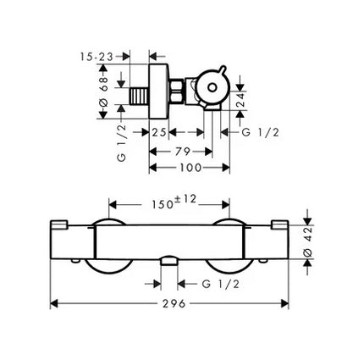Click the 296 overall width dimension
[174, 304]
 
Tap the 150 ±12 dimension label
[174, 202]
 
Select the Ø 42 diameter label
[308, 241]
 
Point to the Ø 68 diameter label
[103, 91]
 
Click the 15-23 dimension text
[97, 57]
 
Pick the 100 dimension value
[190, 168]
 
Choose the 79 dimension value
[183, 152]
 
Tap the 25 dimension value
[159, 132]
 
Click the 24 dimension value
[240, 99]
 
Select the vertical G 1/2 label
[121, 143]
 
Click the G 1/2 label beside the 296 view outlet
[221, 284]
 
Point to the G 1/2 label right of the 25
[260, 132]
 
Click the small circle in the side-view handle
[212, 88]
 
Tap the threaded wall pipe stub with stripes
[139, 96]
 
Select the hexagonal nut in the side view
[176, 91]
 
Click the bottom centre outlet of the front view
[169, 262]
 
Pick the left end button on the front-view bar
[59, 224]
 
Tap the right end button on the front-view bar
[279, 224]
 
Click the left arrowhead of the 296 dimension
[54, 304]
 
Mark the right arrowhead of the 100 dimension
[226, 168]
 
